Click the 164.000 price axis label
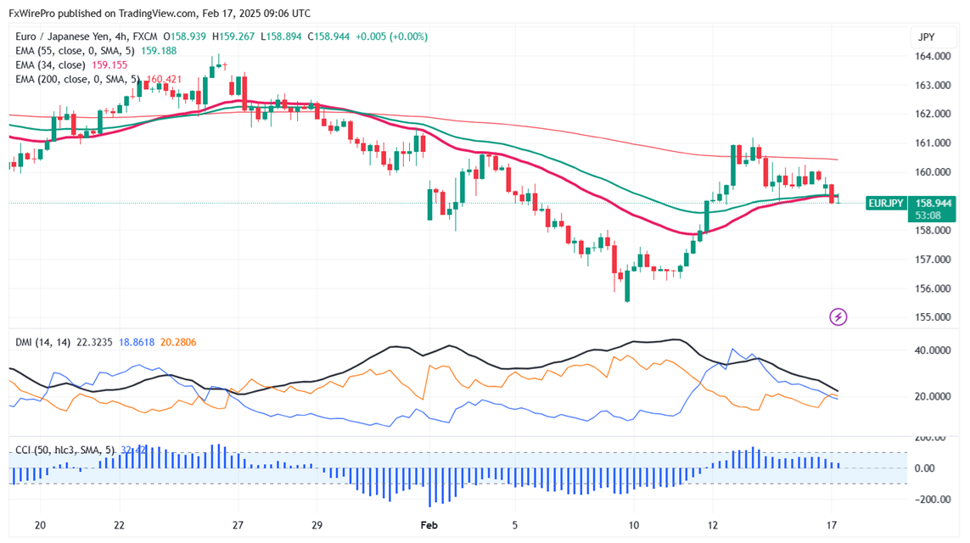(930, 56)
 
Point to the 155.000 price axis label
(930, 317)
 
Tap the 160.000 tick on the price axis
(930, 172)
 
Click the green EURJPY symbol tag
(886, 204)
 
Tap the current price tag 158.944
(931, 204)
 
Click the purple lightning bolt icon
(838, 317)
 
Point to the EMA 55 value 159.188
(160, 50)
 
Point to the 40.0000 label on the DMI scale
(930, 350)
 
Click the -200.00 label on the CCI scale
(928, 500)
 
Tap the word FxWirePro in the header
(36, 14)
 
